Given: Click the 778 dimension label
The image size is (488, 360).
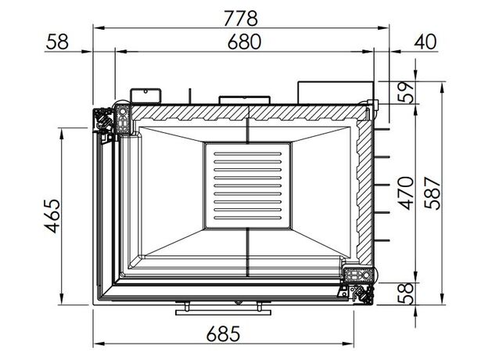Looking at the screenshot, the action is (241, 18).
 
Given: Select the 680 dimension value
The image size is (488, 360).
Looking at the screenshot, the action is (244, 42).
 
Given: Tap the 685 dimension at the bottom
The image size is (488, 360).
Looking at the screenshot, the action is (224, 333).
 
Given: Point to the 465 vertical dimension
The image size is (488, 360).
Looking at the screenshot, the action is (52, 216).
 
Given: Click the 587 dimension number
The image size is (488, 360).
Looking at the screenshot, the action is (432, 193).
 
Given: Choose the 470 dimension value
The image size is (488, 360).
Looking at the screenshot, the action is (406, 193).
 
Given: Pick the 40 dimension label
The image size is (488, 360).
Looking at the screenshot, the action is (425, 41).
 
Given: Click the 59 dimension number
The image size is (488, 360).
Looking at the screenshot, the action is (406, 92).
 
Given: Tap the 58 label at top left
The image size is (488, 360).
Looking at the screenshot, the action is (57, 41).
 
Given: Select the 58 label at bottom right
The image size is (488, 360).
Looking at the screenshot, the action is (406, 293).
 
